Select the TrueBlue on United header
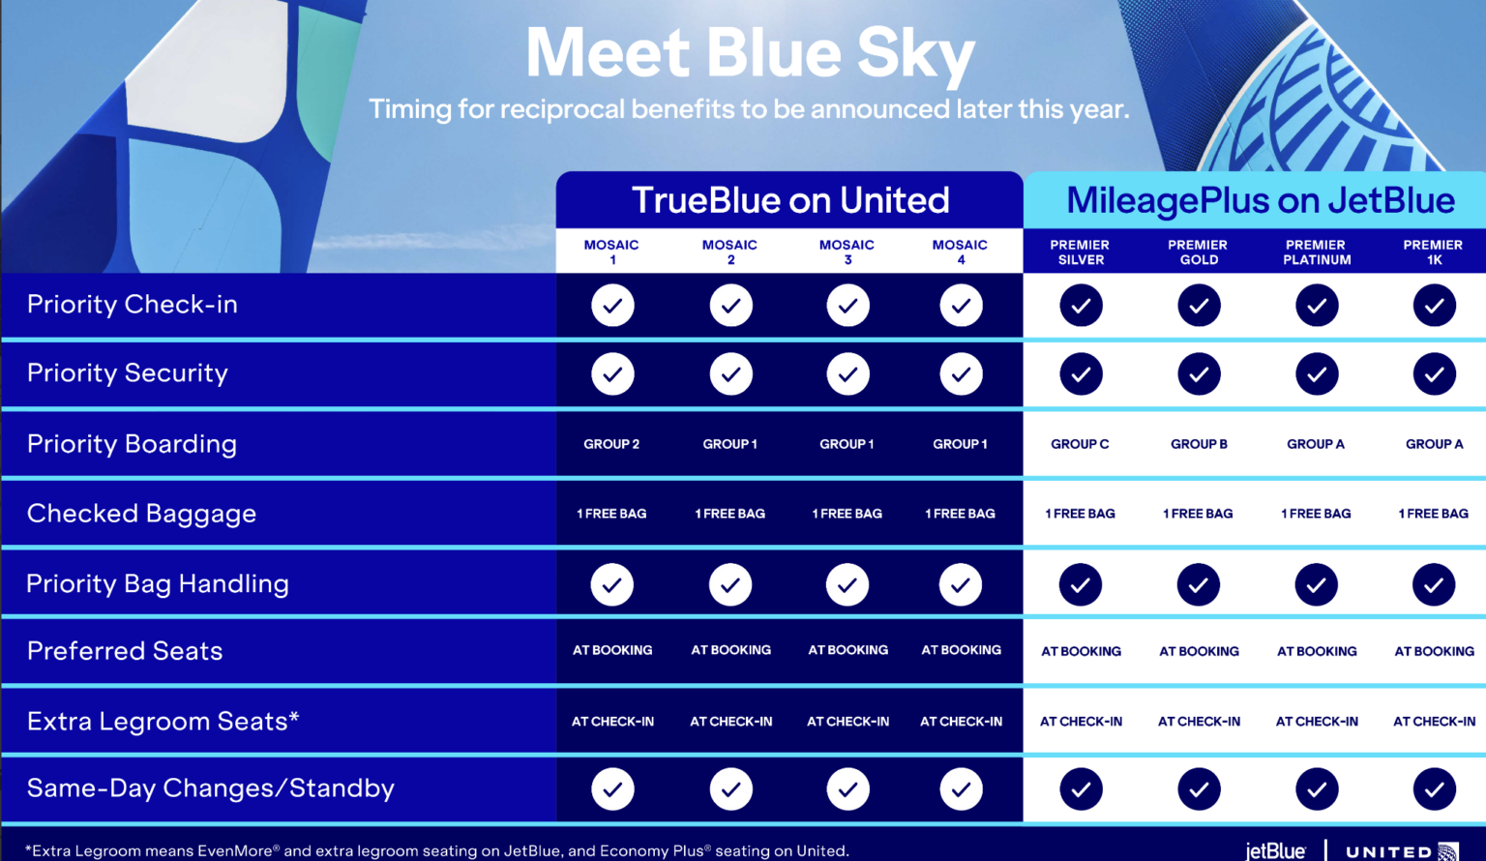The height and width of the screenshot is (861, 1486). [x=790, y=200]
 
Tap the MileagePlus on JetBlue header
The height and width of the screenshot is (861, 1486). [x=1261, y=200]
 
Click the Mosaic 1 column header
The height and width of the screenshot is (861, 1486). [x=611, y=252]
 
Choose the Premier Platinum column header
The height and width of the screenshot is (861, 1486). [x=1317, y=252]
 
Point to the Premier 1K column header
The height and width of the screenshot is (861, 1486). [x=1434, y=252]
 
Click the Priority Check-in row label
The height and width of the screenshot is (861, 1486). [x=132, y=305]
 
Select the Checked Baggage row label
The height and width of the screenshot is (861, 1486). [x=141, y=514]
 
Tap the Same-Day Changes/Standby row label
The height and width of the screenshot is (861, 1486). [x=210, y=788]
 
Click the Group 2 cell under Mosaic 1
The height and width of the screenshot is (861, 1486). [x=611, y=444]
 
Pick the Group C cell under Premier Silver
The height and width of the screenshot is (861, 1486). [x=1080, y=444]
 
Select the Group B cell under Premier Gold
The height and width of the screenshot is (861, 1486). [x=1199, y=444]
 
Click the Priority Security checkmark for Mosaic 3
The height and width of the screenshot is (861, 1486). [x=847, y=374]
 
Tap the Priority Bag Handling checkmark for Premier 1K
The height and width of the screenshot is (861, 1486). [x=1434, y=585]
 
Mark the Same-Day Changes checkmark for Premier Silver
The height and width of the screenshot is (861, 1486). [x=1081, y=789]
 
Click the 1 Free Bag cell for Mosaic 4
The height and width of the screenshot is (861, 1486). [x=960, y=514]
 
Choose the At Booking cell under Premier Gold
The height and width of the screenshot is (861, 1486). [x=1199, y=651]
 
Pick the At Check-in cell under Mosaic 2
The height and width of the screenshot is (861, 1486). [x=730, y=722]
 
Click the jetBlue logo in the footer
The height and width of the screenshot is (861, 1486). [x=1275, y=849]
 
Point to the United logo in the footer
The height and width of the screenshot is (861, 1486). [x=1402, y=851]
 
